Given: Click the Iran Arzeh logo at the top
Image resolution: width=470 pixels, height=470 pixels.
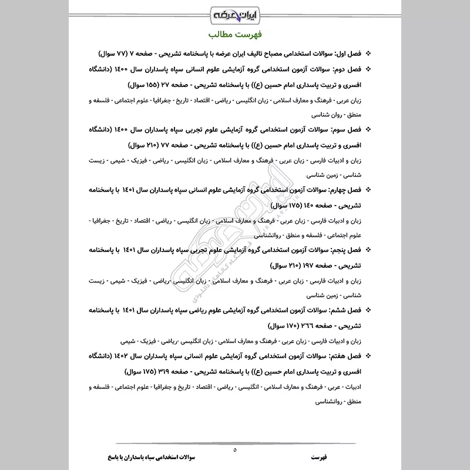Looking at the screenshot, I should (235, 11).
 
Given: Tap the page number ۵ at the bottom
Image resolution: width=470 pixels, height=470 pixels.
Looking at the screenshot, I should (235, 449).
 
